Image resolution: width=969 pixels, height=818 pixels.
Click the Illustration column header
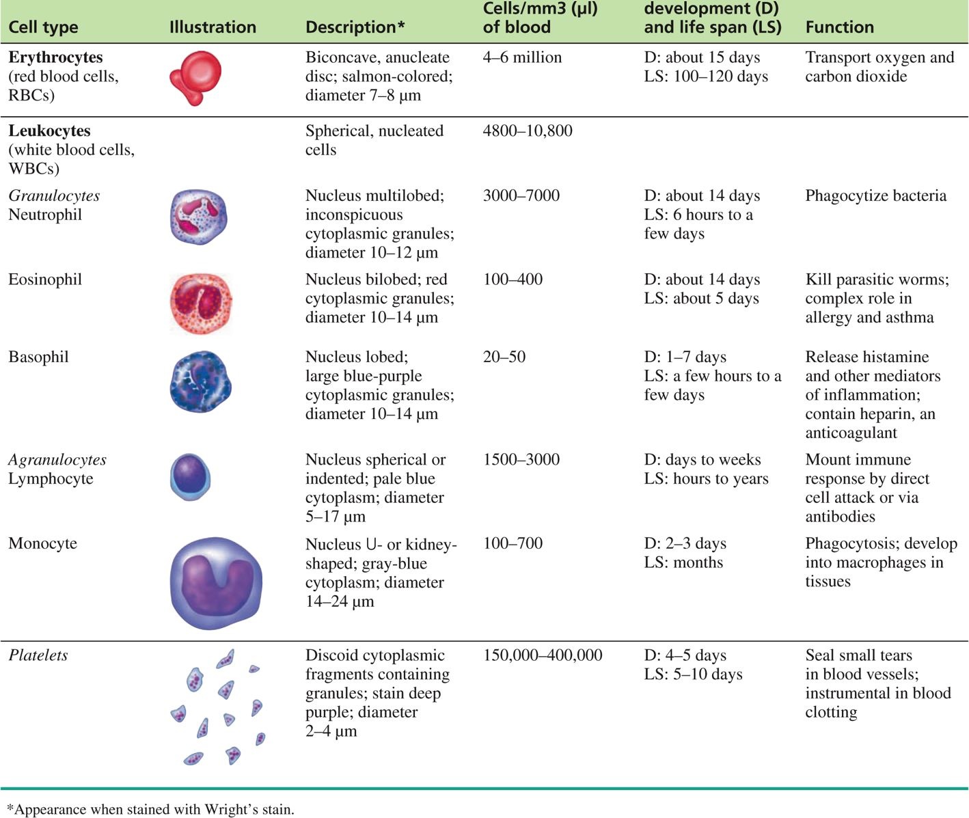[213, 27]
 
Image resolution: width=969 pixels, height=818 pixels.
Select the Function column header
[839, 27]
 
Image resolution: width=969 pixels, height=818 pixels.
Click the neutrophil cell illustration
[198, 217]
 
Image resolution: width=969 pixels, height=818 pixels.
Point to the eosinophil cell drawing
[200, 303]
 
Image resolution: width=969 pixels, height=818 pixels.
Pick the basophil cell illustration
[200, 381]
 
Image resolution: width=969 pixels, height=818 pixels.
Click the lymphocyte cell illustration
[190, 476]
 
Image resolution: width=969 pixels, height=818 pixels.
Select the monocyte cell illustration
[215, 583]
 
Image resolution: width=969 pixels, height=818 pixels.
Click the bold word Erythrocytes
[55, 57]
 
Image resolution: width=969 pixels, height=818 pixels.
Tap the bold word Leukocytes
[49, 131]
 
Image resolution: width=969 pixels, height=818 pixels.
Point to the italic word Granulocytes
[54, 196]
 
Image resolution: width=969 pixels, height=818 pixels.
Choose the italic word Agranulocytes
[57, 460]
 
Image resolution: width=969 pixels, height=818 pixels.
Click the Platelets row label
[38, 655]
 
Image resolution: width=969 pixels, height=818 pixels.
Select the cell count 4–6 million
[522, 57]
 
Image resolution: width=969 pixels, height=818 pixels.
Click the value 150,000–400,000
[543, 655]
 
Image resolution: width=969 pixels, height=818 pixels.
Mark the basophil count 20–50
[504, 357]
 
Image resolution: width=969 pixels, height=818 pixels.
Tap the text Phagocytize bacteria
[875, 196]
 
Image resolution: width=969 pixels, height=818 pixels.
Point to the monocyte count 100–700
[513, 543]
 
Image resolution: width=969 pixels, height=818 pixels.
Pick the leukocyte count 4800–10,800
[528, 131]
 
